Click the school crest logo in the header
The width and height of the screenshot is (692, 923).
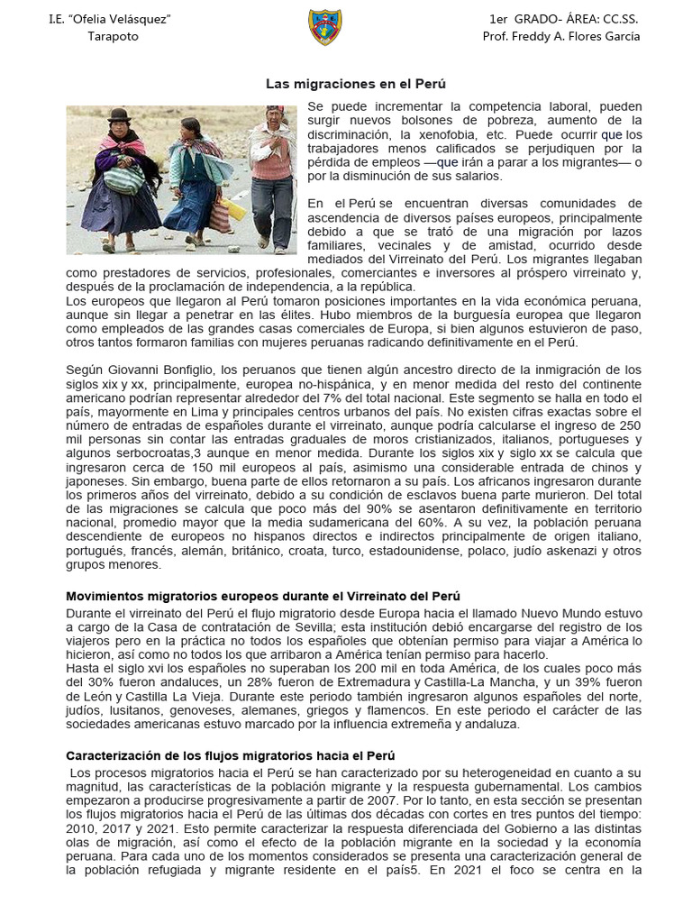coord(324,27)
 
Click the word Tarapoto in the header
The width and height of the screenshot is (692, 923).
coord(113,36)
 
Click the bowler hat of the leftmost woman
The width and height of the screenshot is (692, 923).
coord(120,116)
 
